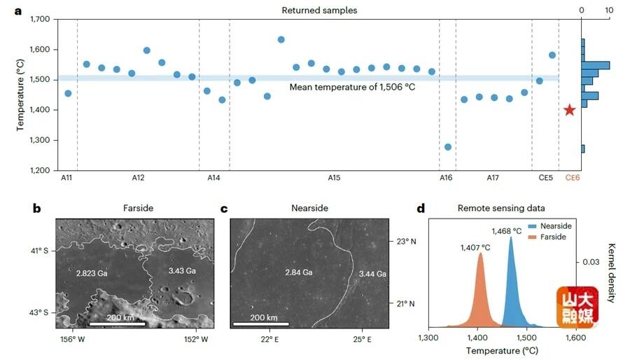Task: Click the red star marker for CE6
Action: tap(570, 110)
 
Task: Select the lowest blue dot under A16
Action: tap(448, 146)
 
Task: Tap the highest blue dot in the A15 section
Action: tap(281, 39)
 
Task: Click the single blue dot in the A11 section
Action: tap(68, 93)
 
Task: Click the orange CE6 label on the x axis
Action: tap(572, 179)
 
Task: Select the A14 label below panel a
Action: tap(213, 179)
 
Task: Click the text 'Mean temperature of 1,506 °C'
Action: tap(349, 88)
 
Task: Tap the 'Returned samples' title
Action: tap(319, 10)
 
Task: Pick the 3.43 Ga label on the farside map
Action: tap(181, 269)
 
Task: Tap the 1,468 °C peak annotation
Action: tap(507, 230)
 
